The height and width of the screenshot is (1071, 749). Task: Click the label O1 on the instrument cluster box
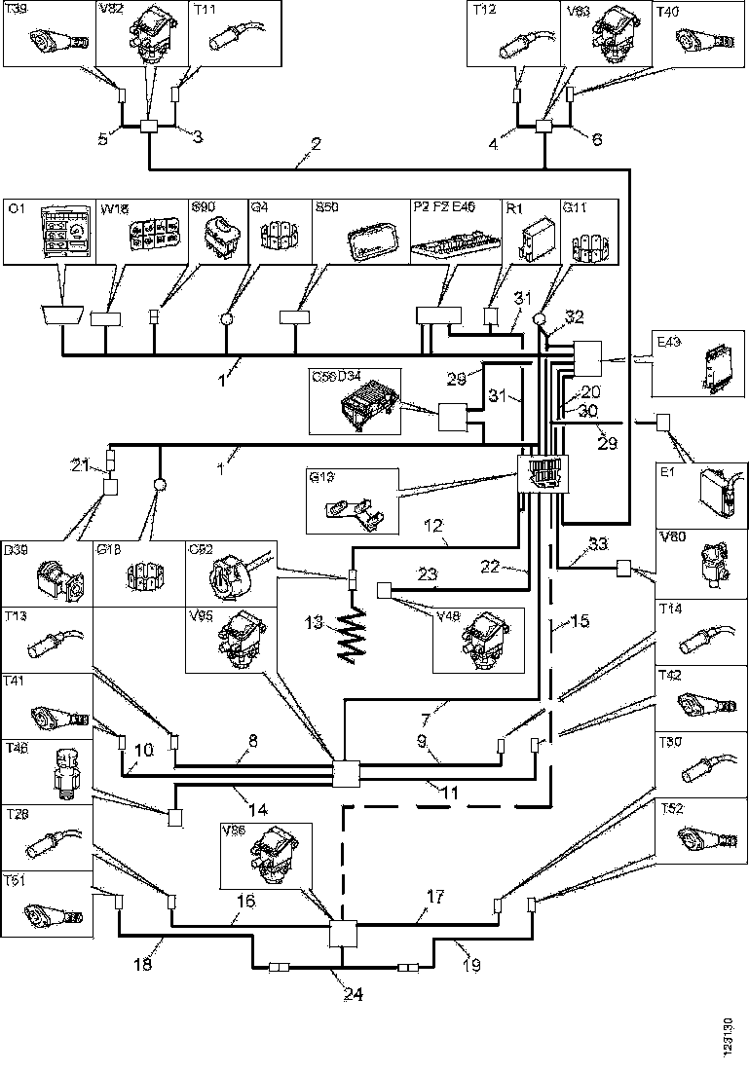[16, 207]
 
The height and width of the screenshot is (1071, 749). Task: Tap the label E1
[668, 472]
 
